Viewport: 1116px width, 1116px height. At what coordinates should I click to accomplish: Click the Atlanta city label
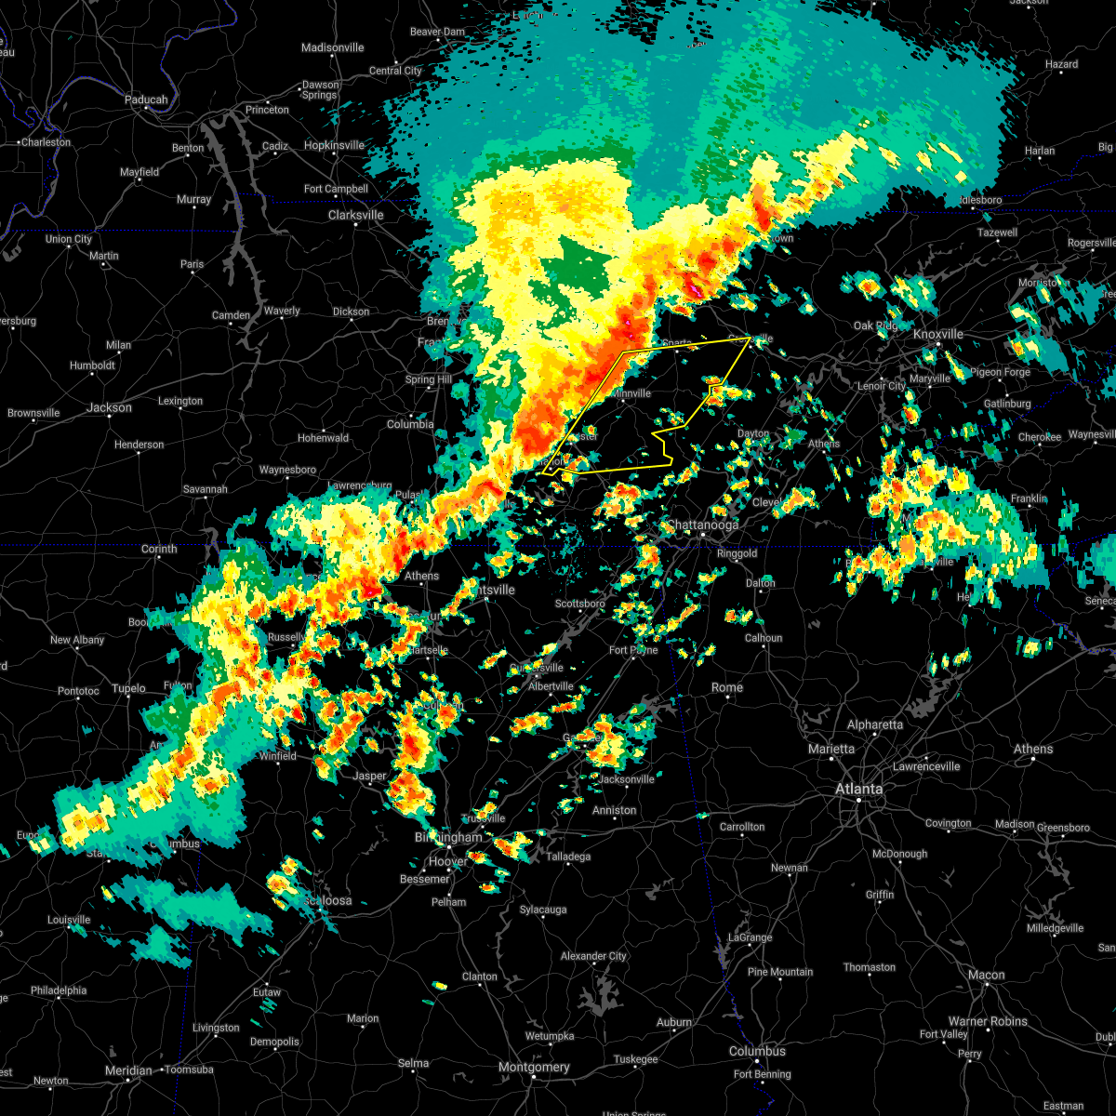pyautogui.click(x=858, y=790)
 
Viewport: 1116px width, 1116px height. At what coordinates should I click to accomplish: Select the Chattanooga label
pyautogui.click(x=703, y=525)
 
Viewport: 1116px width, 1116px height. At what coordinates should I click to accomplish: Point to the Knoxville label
pyautogui.click(x=938, y=334)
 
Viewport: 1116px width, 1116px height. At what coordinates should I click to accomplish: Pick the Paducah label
pyautogui.click(x=146, y=100)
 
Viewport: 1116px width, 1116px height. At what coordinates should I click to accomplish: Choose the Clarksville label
pyautogui.click(x=355, y=215)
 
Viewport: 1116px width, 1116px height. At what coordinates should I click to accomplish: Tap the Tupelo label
pyautogui.click(x=129, y=688)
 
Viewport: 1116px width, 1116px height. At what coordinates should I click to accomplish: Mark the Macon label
pyautogui.click(x=986, y=975)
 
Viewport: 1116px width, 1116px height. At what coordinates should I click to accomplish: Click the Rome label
pyautogui.click(x=727, y=687)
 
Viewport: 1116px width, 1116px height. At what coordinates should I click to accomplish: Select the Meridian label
pyautogui.click(x=128, y=1070)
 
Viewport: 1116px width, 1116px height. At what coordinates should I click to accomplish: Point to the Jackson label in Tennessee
pyautogui.click(x=109, y=407)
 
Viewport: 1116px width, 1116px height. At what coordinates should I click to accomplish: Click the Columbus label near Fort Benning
pyautogui.click(x=757, y=1052)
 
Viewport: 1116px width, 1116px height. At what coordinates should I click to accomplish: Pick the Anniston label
pyautogui.click(x=615, y=810)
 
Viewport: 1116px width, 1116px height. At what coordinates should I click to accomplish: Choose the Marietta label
pyautogui.click(x=830, y=749)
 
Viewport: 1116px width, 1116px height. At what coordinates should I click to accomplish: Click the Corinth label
pyautogui.click(x=159, y=549)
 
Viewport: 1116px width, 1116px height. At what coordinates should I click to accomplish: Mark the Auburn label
pyautogui.click(x=674, y=1022)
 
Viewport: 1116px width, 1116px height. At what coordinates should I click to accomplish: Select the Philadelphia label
pyautogui.click(x=60, y=990)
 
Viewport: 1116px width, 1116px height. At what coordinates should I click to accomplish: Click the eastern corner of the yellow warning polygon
pyautogui.click(x=751, y=338)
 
